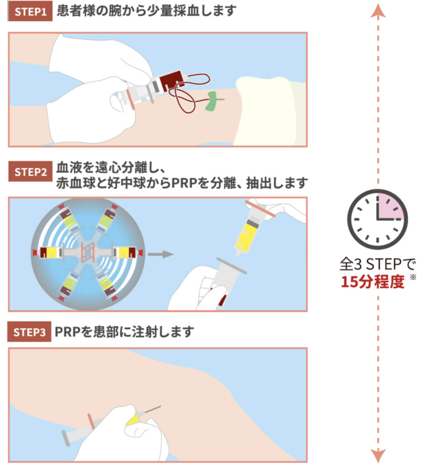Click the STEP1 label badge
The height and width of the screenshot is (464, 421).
tap(30, 11)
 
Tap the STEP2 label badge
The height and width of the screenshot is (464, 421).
tap(30, 172)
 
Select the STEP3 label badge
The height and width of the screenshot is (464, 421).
tap(29, 332)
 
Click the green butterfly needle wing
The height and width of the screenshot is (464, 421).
tap(212, 101)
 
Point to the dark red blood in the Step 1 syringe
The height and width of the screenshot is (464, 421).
tap(171, 80)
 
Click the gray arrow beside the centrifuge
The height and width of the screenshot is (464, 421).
tap(160, 254)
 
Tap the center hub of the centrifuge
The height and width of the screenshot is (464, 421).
tap(88, 252)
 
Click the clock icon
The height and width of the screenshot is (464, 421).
tap(377, 219)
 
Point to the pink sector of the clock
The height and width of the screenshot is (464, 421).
tap(389, 207)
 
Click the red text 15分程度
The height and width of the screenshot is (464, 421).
tap(373, 281)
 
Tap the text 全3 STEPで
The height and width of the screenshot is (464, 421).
tap(377, 264)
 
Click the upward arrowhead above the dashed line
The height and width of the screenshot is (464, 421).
tap(378, 11)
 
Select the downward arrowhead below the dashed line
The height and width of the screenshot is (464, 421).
tap(378, 455)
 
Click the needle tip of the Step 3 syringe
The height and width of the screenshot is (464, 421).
tap(160, 406)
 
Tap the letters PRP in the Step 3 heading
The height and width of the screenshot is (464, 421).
tap(68, 332)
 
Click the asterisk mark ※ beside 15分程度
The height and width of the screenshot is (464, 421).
tap(413, 277)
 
